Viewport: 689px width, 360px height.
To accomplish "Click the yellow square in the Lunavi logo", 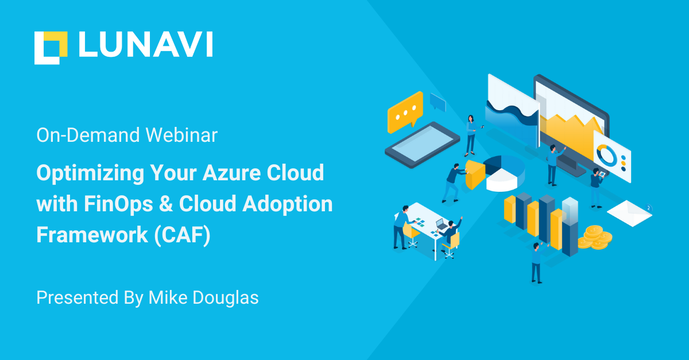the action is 56,44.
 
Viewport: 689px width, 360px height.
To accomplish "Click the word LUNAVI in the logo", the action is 146,44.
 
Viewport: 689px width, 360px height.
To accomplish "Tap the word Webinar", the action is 181,135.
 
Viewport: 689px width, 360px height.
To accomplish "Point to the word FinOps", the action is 118,204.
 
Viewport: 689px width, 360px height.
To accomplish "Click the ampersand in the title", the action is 166,204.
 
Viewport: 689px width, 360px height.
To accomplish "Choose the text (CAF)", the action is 182,235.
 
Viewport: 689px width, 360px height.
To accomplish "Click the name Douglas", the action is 226,297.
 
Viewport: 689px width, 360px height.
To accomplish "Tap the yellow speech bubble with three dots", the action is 405,112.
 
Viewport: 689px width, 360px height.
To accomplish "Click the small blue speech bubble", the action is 438,102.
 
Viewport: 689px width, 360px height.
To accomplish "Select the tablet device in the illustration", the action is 423,145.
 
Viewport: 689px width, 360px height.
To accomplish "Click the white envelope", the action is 629,213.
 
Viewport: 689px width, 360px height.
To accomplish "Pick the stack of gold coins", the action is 595,237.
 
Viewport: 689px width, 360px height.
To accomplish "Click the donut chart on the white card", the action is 606,155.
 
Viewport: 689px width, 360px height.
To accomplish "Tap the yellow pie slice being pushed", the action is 475,174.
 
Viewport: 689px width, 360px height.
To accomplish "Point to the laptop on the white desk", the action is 442,224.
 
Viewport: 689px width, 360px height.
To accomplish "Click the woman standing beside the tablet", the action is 471,136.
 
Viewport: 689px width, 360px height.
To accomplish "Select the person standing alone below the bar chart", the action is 537,263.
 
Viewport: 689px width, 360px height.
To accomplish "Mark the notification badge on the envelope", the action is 648,208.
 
